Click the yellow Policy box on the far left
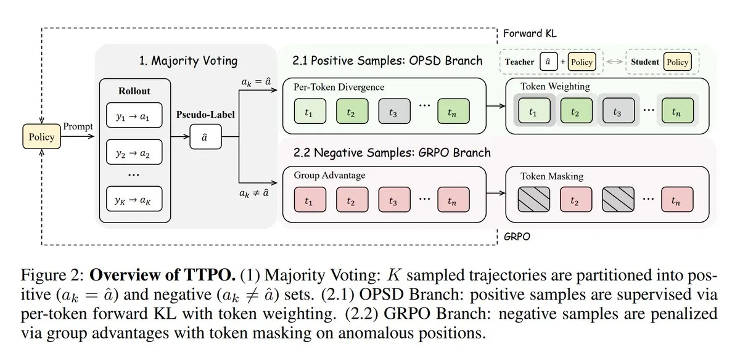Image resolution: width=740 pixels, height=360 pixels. (42, 136)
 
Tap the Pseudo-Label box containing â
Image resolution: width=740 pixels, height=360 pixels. (205, 137)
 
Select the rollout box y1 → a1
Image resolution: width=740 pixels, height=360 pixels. (134, 115)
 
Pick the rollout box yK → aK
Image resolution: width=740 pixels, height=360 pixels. (134, 199)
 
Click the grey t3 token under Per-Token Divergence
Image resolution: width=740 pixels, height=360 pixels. (395, 112)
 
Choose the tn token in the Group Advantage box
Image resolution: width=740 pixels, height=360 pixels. (453, 200)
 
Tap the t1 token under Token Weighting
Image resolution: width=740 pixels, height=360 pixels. (534, 110)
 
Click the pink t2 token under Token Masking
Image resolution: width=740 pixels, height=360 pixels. (576, 200)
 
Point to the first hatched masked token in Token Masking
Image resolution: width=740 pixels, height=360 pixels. (534, 200)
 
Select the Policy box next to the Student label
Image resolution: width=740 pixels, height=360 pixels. (677, 62)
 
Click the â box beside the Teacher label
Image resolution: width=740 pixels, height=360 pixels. (549, 62)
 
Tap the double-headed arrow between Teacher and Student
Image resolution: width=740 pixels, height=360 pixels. (614, 62)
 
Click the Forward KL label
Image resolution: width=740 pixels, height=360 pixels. (530, 33)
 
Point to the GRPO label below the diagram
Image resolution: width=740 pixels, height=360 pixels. (517, 237)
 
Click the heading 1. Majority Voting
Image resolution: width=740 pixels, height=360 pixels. (188, 61)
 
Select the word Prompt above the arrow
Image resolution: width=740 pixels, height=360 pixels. (78, 126)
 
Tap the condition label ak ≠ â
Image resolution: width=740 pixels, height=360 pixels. (254, 193)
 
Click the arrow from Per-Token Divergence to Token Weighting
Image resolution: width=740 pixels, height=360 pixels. (496, 106)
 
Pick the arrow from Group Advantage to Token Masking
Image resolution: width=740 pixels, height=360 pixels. (496, 193)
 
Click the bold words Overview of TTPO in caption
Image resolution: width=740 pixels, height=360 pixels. (163, 275)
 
